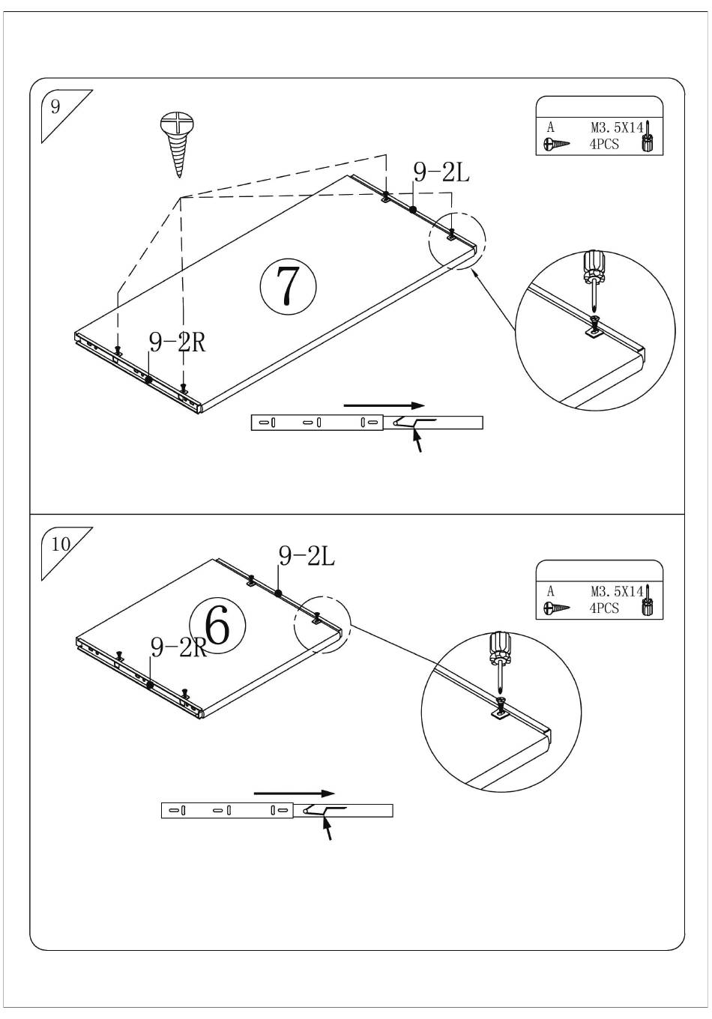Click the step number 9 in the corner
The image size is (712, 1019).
coord(55,106)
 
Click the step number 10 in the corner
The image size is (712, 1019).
coord(61,544)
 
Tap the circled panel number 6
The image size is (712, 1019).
coord(217,627)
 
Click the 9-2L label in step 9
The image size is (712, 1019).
coord(441,173)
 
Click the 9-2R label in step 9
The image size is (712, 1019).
coord(177,342)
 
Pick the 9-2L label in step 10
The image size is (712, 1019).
coord(307,556)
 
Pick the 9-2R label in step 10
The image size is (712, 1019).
coord(178,647)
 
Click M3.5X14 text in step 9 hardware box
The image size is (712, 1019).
coord(616,128)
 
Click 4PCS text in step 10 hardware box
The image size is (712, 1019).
coord(604,608)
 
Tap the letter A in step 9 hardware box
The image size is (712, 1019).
coord(551,128)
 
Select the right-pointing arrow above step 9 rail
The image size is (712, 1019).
coord(384,405)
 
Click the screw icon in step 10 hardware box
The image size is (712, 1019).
coord(557,608)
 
